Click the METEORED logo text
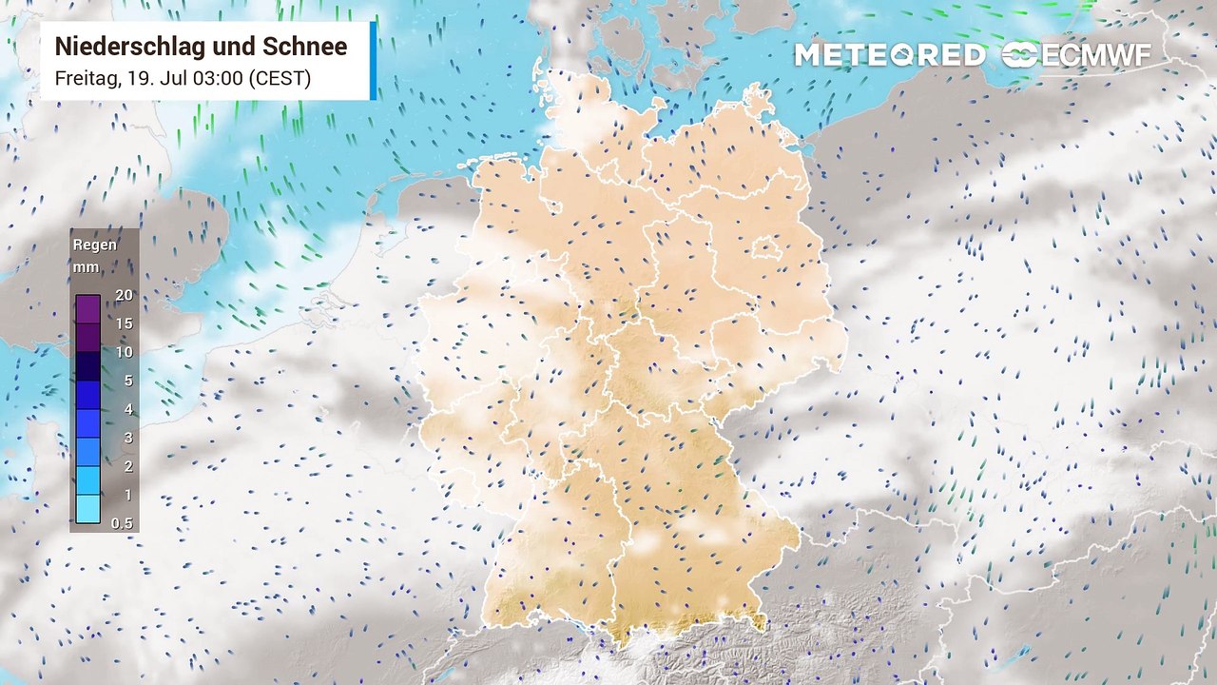click(889, 55)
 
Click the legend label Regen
click(95, 245)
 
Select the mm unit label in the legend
click(86, 267)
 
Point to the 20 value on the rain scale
click(124, 295)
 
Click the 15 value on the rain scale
click(124, 323)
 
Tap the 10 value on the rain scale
click(124, 352)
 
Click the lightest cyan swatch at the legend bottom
click(87, 509)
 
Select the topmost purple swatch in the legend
click(87, 309)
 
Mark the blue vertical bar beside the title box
click(373, 60)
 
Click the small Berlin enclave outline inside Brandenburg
click(766, 250)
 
